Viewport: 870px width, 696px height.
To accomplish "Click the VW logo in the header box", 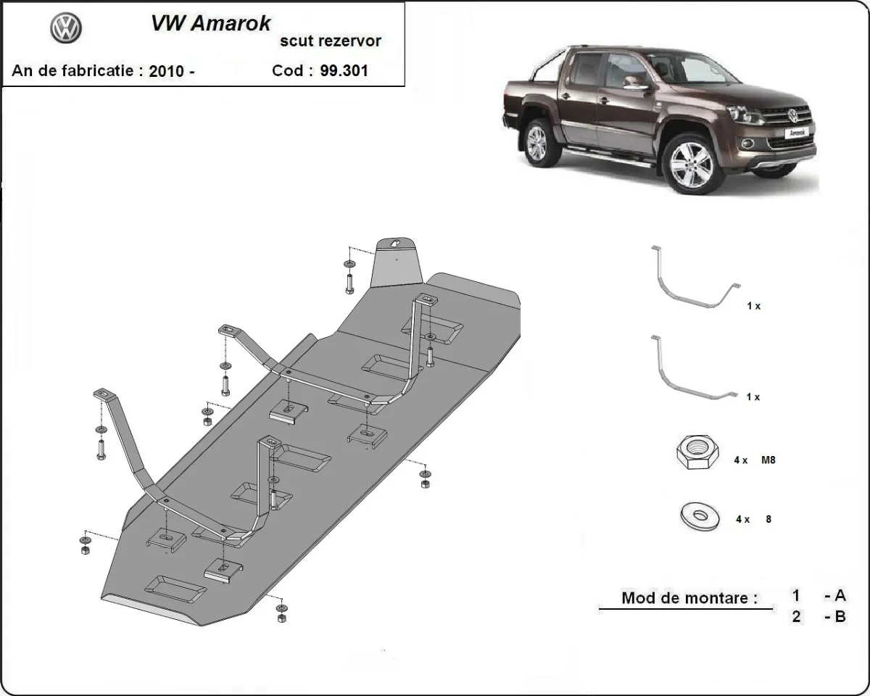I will (x=66, y=29).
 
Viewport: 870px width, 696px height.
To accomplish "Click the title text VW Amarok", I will (x=210, y=23).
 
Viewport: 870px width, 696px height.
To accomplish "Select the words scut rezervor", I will (x=331, y=41).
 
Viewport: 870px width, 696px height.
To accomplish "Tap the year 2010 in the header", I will (x=166, y=71).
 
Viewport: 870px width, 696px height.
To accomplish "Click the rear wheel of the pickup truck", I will (x=538, y=143).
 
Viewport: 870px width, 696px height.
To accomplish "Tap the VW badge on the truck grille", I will (x=792, y=115).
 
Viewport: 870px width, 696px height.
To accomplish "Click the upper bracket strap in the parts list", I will (x=693, y=279).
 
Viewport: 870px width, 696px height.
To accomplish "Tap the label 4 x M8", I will (x=755, y=460).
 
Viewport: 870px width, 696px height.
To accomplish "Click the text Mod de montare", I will (x=689, y=599).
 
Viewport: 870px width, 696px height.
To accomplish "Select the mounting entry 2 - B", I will (x=819, y=618).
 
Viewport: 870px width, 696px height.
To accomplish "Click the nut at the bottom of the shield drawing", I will (x=281, y=618).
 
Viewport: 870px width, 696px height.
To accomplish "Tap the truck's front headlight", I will (x=747, y=115).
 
